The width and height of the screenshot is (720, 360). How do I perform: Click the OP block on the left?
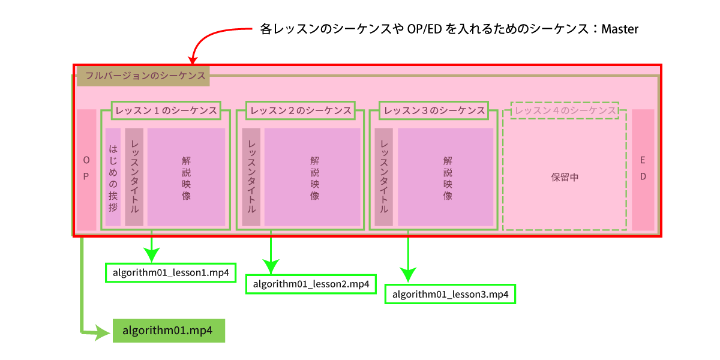click(86, 170)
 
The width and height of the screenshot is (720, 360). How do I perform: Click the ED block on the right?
click(643, 170)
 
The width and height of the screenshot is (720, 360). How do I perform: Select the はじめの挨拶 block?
click(113, 177)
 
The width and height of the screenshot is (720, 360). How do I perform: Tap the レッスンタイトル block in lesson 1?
click(134, 177)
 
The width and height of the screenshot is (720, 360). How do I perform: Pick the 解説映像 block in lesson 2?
click(312, 177)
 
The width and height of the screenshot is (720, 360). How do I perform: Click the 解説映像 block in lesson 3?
click(445, 177)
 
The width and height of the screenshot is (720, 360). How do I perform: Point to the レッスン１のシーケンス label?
click(166, 111)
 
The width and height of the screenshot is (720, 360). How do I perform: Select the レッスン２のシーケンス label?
click(301, 111)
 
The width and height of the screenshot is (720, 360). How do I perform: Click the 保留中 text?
click(565, 178)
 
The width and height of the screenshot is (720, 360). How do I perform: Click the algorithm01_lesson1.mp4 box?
click(170, 272)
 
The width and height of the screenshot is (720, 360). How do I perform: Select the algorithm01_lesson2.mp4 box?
click(311, 284)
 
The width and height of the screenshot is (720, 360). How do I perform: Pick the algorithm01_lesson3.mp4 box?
click(450, 294)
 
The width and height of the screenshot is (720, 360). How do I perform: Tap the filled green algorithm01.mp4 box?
click(169, 330)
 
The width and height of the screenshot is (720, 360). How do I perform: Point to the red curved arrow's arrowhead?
click(193, 59)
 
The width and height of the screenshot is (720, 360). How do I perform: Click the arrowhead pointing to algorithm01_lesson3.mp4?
click(409, 276)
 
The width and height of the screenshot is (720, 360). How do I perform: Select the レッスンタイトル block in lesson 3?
click(383, 177)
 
